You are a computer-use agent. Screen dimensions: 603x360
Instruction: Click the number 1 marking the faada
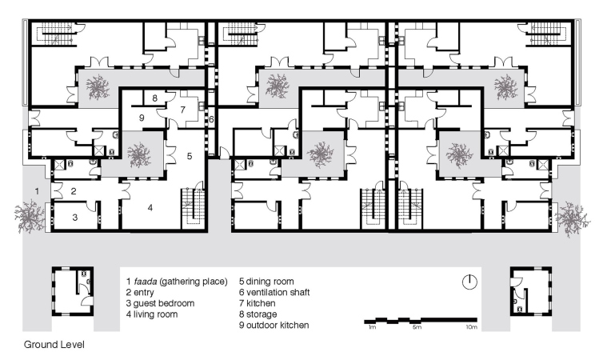click(37, 190)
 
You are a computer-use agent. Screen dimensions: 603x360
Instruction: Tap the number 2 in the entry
click(74, 191)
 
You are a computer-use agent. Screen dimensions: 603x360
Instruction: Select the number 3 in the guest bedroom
click(75, 218)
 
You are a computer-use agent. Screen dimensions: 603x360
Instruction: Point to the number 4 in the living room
click(150, 208)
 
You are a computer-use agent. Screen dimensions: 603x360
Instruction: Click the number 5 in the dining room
click(190, 156)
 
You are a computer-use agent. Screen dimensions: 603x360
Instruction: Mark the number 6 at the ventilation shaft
click(211, 120)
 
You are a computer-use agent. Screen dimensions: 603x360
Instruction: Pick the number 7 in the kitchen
click(182, 110)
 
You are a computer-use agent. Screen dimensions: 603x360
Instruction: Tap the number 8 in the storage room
click(154, 98)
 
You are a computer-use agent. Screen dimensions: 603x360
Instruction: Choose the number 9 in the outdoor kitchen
click(142, 118)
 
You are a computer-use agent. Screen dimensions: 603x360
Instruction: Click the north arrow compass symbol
click(469, 282)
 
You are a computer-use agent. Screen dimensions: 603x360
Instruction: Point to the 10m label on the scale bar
click(472, 327)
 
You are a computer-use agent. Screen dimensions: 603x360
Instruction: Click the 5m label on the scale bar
click(417, 327)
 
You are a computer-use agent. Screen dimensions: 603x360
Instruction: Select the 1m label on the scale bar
click(372, 327)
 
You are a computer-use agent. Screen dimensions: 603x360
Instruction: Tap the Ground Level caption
click(54, 345)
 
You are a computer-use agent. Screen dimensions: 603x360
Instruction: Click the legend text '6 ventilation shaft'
click(274, 292)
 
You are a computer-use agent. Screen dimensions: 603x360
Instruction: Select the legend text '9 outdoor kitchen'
click(274, 326)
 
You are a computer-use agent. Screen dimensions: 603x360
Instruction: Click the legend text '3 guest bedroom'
click(160, 303)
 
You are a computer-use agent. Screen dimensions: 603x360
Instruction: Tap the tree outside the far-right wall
click(573, 218)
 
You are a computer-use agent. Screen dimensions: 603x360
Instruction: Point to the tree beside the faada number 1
click(30, 216)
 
